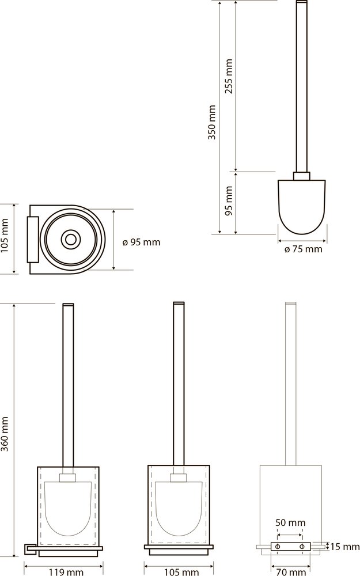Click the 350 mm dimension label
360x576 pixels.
(212, 122)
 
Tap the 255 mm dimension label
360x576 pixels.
(229, 76)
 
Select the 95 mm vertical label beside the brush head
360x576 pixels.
(229, 201)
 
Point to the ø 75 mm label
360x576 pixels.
(304, 249)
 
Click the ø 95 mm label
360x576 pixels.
(141, 242)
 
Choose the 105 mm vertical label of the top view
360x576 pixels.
(5, 239)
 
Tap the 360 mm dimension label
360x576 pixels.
(5, 434)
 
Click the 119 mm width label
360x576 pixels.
(66, 571)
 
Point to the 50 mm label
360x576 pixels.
(291, 522)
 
